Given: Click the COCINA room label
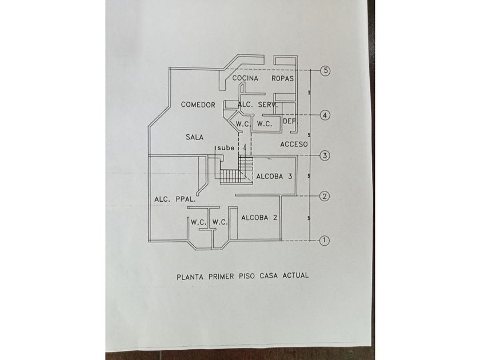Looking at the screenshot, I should point(245,78).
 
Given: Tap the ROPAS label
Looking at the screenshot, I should point(282,78).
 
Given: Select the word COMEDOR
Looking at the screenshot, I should point(198,105).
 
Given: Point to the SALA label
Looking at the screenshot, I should point(195,137).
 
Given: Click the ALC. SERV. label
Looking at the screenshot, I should point(258,105).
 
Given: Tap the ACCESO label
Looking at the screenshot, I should point(294,145).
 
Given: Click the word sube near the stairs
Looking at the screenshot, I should point(225,148).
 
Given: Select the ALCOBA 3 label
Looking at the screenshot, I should point(274,176).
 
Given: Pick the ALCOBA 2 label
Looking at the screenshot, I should point(259,218).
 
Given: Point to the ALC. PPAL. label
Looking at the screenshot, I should point(175,199).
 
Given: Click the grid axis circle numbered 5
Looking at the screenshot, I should point(326,71).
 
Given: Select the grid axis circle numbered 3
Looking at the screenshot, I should point(325,155).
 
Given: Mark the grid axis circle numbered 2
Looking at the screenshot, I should point(324,197).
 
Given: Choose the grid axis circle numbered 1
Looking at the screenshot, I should point(324,241).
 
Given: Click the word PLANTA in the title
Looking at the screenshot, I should point(190,275).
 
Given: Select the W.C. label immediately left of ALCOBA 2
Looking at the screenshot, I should point(220,222).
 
